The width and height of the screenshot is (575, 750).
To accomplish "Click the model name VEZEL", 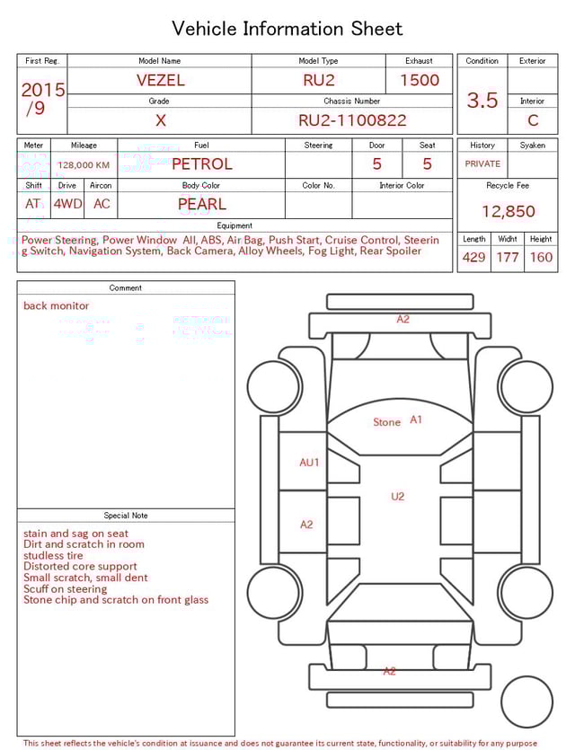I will pyautogui.click(x=160, y=80).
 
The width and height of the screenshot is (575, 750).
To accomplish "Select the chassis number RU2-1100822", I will pyautogui.click(x=352, y=120).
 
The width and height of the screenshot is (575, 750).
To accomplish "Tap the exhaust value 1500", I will pyautogui.click(x=420, y=80).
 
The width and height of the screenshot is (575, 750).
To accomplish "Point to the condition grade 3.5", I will pyautogui.click(x=482, y=101).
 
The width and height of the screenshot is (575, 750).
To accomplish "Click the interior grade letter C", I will pyautogui.click(x=533, y=120).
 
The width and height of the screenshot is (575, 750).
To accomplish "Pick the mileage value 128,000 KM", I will pyautogui.click(x=84, y=165).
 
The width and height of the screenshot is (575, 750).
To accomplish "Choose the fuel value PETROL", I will pyautogui.click(x=201, y=164).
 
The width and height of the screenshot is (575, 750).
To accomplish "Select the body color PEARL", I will pyautogui.click(x=201, y=204).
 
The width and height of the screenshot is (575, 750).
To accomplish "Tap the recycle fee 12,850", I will pyautogui.click(x=508, y=212).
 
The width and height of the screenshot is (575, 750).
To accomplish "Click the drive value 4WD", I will pyautogui.click(x=67, y=204).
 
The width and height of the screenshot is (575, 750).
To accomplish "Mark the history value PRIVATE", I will pyautogui.click(x=482, y=164).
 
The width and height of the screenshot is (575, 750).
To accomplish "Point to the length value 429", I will pyautogui.click(x=473, y=258).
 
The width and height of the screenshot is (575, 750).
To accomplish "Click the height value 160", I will pyautogui.click(x=541, y=258).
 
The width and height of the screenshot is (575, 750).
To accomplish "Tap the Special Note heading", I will pyautogui.click(x=126, y=516).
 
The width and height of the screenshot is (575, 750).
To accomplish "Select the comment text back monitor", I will pyautogui.click(x=57, y=305).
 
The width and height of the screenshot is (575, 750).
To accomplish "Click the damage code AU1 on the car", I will pyautogui.click(x=309, y=463).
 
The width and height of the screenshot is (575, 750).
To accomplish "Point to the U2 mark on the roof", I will pyautogui.click(x=397, y=496).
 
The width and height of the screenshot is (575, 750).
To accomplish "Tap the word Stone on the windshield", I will pyautogui.click(x=386, y=422).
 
